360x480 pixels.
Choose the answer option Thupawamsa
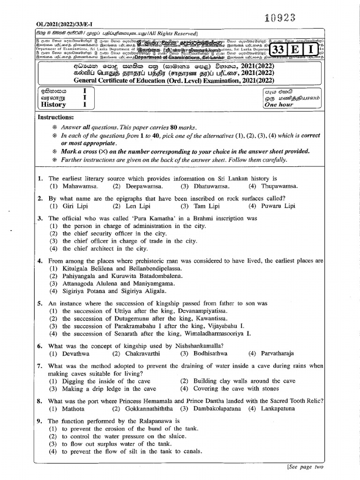click(279, 186)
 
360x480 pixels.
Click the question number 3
click(40, 218)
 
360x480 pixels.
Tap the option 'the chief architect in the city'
click(105, 248)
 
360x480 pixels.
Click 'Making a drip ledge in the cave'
click(109, 389)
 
